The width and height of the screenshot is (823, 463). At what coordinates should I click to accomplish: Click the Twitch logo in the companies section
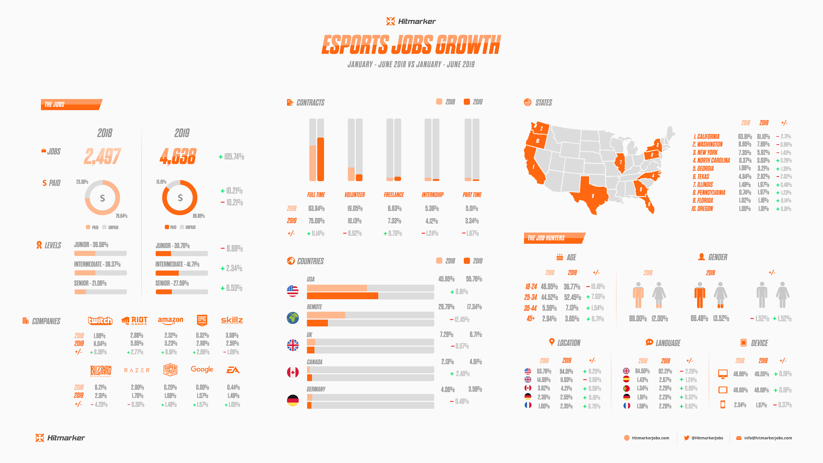[x=100, y=320]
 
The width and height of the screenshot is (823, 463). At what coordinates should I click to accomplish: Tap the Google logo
[x=202, y=369]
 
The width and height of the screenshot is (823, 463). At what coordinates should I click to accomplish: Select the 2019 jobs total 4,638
[x=178, y=156]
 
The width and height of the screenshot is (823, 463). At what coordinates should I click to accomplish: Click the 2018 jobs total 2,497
[x=102, y=156]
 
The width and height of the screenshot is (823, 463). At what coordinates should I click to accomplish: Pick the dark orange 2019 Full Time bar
[x=320, y=159]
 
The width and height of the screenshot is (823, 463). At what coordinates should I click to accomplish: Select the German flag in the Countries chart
[x=293, y=400]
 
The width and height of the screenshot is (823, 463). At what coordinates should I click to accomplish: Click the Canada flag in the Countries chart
[x=293, y=372]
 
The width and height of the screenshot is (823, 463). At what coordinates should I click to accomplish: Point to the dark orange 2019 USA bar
[x=342, y=296]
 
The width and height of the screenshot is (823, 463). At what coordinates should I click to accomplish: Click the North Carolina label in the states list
[x=711, y=160]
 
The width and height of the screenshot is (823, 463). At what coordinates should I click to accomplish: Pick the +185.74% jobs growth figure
[x=231, y=157]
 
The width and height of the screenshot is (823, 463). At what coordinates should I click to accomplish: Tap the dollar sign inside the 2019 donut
[x=180, y=198]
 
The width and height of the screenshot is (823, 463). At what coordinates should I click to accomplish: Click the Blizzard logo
[x=101, y=370]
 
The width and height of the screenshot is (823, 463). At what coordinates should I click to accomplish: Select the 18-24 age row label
[x=531, y=286]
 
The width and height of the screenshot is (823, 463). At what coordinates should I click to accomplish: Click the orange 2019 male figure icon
[x=700, y=295]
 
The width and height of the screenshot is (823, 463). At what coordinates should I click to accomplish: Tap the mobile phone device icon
[x=723, y=404]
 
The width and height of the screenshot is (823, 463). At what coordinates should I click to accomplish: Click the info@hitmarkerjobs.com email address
[x=768, y=438]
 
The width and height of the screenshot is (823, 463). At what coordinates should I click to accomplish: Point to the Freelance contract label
[x=394, y=195]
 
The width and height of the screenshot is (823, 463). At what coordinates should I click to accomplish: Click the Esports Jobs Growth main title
[x=411, y=45]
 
